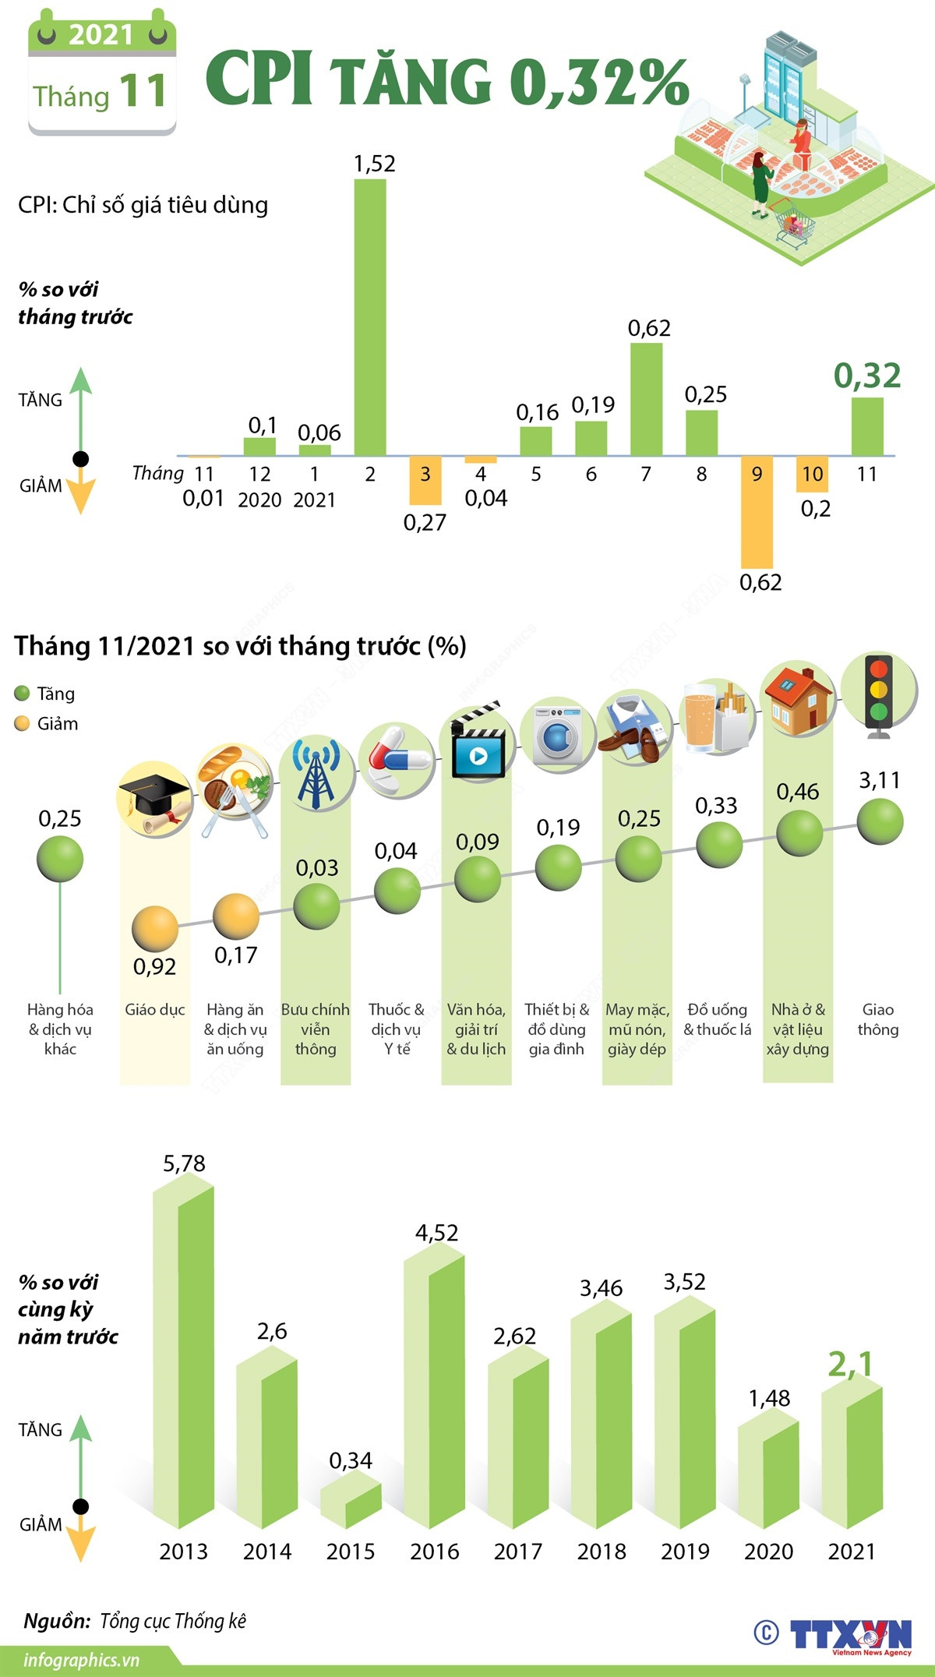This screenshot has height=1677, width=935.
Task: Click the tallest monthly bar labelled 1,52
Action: tap(370, 317)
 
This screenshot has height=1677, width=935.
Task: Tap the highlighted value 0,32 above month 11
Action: tap(866, 376)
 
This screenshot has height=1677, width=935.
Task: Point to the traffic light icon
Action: tap(880, 695)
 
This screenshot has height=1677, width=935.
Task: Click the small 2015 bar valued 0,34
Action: tap(351, 1504)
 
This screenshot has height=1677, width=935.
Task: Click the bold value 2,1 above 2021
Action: tap(850, 1365)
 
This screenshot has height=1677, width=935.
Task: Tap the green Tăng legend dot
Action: tap(23, 694)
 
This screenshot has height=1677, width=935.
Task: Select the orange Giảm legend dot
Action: tap(23, 724)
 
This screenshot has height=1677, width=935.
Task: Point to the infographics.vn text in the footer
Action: tap(81, 1659)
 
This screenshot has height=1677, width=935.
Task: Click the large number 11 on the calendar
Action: tap(143, 91)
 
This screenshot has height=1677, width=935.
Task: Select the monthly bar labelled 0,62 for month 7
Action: tap(646, 399)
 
